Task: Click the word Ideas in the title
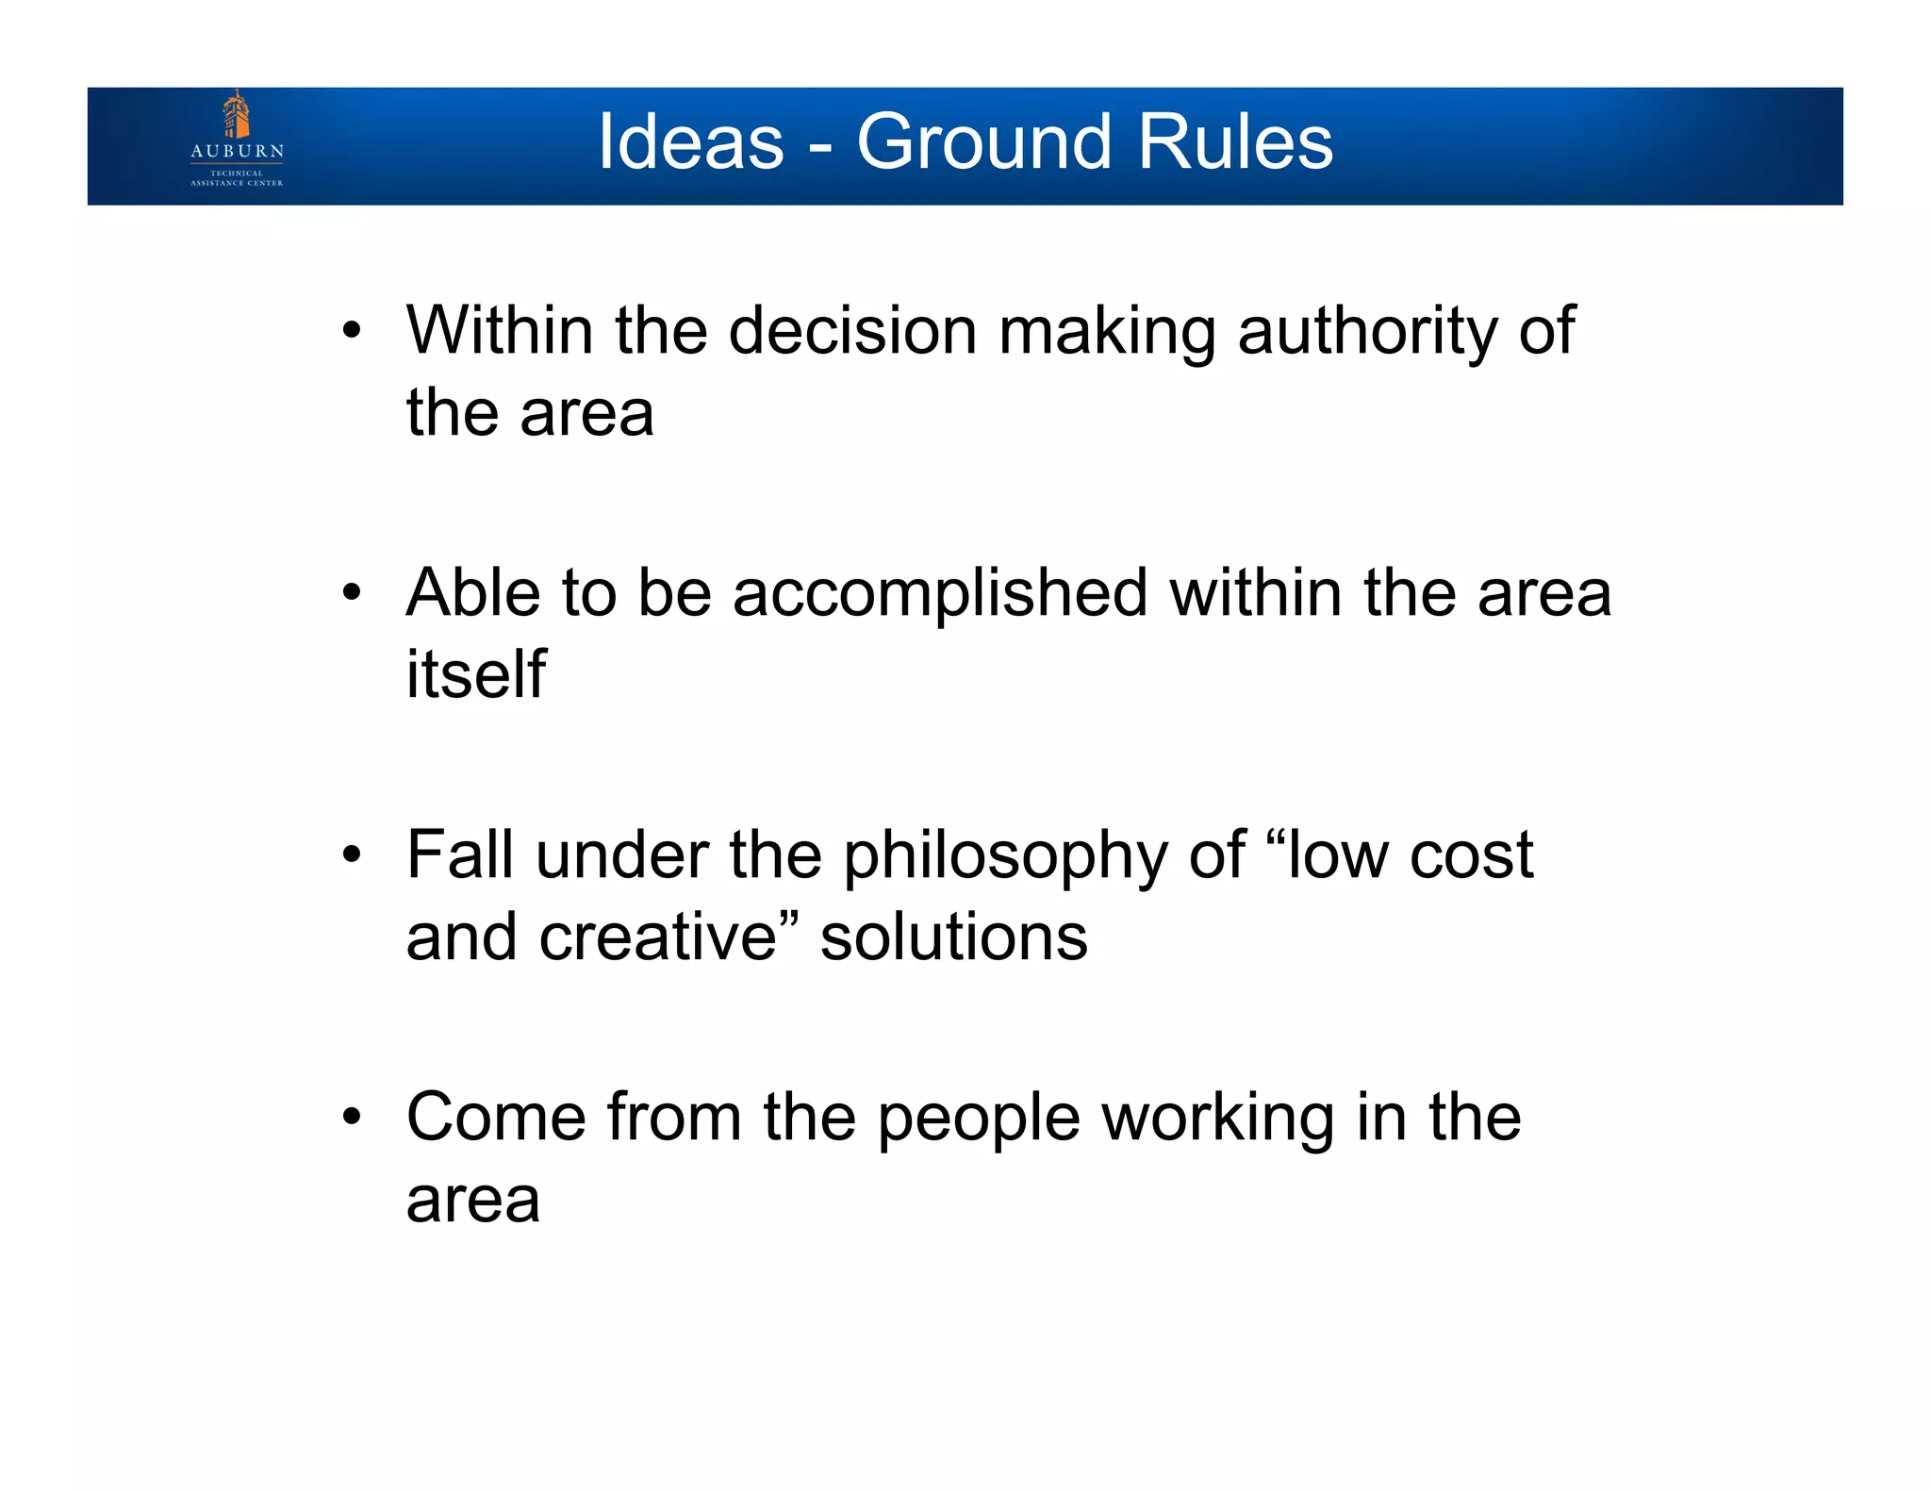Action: click(x=691, y=141)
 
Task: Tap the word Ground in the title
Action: click(x=984, y=141)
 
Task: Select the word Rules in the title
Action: click(x=1235, y=141)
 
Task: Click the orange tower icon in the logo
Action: click(x=236, y=115)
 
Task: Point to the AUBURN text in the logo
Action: click(x=237, y=151)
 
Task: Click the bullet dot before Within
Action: click(x=352, y=331)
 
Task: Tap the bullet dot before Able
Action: click(x=352, y=593)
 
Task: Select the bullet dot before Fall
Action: click(x=352, y=855)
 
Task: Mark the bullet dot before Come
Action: click(x=352, y=1118)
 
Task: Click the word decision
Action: click(x=852, y=331)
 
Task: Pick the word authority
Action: click(x=1366, y=331)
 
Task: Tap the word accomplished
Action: click(x=940, y=593)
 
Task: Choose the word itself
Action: click(x=475, y=674)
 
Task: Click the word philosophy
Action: click(x=1005, y=855)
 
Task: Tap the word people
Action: click(x=979, y=1118)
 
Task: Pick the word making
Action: click(x=1107, y=331)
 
